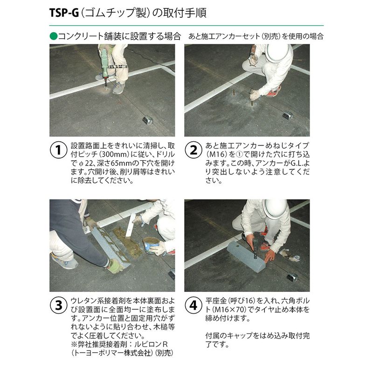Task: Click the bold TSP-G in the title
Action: [64, 13]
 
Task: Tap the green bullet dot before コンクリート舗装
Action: [54, 36]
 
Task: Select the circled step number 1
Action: [58, 150]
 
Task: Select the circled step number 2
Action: [193, 150]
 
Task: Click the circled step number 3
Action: [58, 305]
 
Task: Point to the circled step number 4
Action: [193, 305]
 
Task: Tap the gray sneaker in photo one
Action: [118, 88]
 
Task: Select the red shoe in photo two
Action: [274, 91]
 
